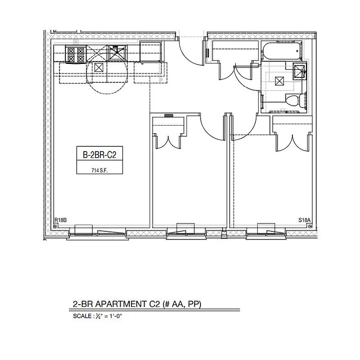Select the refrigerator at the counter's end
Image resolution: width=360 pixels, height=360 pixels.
(150, 52)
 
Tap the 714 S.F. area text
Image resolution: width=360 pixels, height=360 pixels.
(100, 171)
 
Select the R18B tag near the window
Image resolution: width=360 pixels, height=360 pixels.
(60, 220)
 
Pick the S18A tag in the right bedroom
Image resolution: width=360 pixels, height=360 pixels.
(305, 220)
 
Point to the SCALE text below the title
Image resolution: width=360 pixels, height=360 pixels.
(81, 316)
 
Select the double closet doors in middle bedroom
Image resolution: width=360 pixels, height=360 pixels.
(169, 142)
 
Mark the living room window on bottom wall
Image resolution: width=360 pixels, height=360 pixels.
(97, 231)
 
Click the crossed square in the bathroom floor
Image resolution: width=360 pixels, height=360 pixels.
(279, 81)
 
